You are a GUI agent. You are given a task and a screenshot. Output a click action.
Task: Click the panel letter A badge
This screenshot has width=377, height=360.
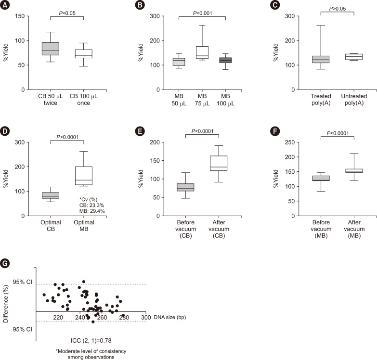[5, 5]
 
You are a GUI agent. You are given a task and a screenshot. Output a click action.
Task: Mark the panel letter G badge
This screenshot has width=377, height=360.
[5, 264]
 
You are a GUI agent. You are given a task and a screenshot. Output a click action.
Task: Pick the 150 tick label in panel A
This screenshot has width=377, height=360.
[20, 16]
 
